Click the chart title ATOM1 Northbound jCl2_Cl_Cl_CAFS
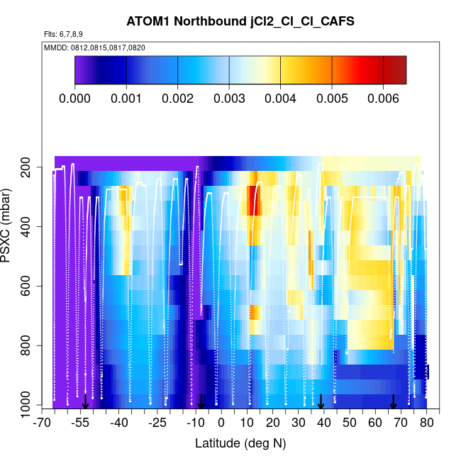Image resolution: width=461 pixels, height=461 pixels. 230,21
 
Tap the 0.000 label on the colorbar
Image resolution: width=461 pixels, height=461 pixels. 75,97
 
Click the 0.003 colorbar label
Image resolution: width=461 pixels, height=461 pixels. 229,97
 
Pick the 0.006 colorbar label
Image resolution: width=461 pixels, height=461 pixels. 383,97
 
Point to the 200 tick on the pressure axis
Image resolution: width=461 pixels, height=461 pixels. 31,167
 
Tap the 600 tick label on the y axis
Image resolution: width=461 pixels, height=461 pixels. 31,287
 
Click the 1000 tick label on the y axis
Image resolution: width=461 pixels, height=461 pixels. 28,406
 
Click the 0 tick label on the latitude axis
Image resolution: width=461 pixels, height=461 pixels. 221,423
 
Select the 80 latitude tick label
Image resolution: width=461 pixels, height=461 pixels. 426,423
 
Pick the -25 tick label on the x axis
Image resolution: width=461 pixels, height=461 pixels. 157,423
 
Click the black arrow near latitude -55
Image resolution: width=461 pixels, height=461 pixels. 85,402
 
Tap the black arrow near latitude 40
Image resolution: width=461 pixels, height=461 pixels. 321,402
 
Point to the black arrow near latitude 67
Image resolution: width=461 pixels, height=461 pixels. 394,402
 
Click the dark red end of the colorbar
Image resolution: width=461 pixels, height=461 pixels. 399,70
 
